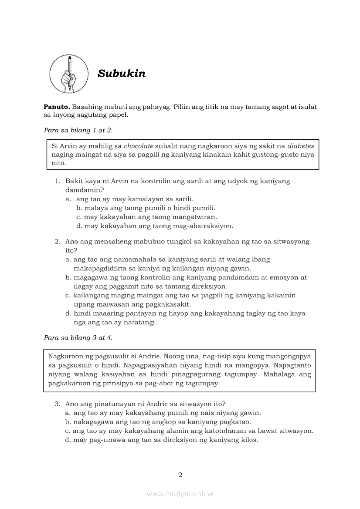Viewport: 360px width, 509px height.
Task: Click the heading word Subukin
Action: tap(122, 73)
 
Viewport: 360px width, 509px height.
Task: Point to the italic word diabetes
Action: tap(301, 146)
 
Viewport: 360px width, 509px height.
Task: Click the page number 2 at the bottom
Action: tap(180, 475)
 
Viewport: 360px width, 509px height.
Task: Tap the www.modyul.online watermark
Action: tap(180, 494)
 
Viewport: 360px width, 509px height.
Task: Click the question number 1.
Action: tap(57, 181)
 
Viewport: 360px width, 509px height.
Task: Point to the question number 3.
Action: tap(57, 404)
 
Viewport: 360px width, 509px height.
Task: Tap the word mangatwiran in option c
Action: tap(195, 217)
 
